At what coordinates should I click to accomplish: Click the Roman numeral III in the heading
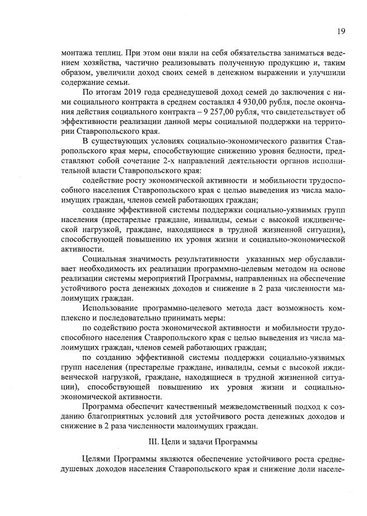(153, 443)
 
